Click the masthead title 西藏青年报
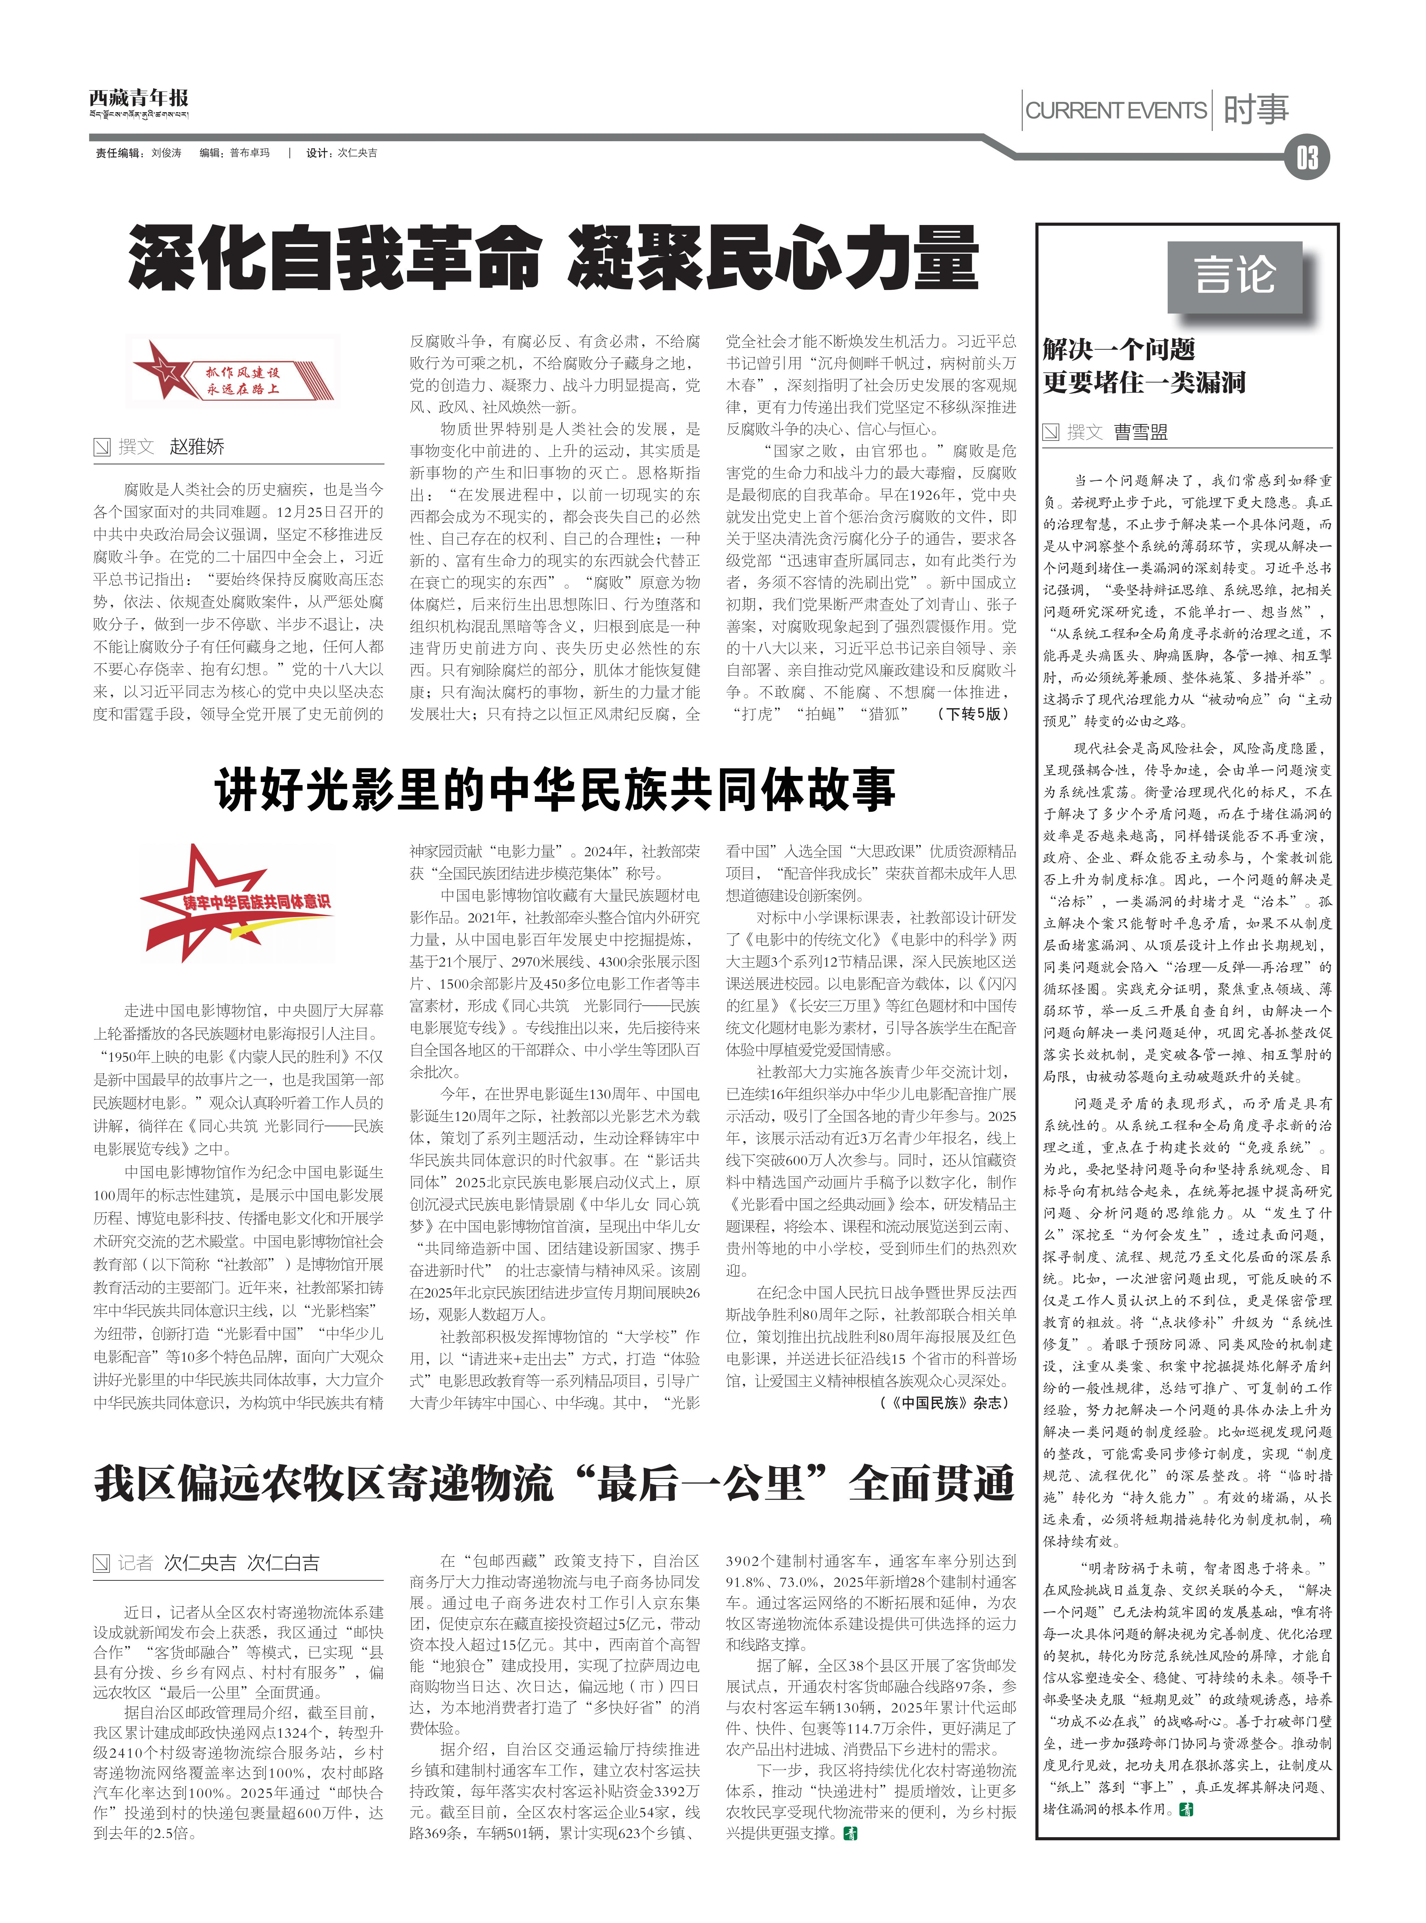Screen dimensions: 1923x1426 pyautogui.click(x=138, y=97)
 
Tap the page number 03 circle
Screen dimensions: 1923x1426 pyautogui.click(x=1306, y=159)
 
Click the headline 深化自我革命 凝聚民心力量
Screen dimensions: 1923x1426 pyautogui.click(x=553, y=257)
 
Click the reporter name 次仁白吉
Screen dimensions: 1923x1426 pyautogui.click(x=283, y=1563)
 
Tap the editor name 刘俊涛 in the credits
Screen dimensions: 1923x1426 pyautogui.click(x=167, y=153)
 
